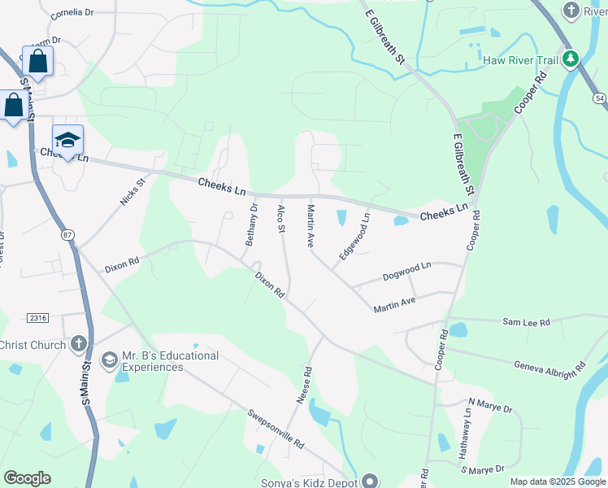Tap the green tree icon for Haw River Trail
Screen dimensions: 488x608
(571, 59)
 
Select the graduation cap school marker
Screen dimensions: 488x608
(68, 139)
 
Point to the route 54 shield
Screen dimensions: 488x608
(599, 98)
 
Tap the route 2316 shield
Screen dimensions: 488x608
(37, 317)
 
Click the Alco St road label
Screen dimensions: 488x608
(281, 219)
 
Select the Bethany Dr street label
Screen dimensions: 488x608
(251, 225)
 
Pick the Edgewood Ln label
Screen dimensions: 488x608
(355, 236)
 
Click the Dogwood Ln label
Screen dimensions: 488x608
(407, 268)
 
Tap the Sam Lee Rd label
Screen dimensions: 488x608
(527, 323)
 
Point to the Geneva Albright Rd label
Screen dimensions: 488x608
(549, 366)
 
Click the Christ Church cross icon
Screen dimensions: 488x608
(78, 344)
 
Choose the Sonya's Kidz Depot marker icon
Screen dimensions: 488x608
(371, 481)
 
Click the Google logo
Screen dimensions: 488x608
(27, 478)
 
